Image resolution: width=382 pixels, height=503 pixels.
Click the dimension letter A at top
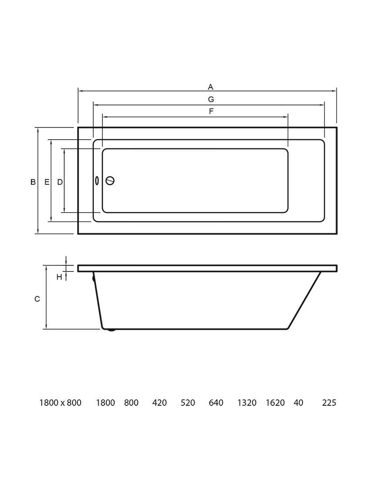pos(211,87)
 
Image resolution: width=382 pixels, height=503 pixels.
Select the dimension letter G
pos(211,99)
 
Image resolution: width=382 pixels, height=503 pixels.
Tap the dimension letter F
pos(211,111)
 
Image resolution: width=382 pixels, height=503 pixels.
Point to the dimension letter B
pos(33,182)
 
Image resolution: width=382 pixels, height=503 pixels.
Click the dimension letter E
pos(47,182)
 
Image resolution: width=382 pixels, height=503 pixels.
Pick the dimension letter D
pos(60,182)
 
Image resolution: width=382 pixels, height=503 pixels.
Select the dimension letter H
pos(59,277)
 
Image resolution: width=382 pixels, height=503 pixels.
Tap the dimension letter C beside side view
pos(37,299)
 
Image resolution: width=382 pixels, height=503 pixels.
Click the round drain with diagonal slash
pos(110,181)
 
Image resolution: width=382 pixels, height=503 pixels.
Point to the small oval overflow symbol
pos(97,181)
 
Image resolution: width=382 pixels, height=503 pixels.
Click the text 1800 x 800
pos(60,403)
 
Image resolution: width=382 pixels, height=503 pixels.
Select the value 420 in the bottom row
pos(159,403)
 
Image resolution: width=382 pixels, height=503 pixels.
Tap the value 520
pos(188,403)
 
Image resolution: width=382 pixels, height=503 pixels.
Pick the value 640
pos(216,403)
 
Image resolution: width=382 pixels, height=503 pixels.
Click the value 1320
pos(247,403)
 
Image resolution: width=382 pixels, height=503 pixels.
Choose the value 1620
pos(275,403)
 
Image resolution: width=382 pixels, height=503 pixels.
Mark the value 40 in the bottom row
pos(298,403)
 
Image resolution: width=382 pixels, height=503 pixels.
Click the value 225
pos(329,403)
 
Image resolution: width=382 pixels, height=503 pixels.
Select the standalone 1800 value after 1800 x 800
pos(105,403)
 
